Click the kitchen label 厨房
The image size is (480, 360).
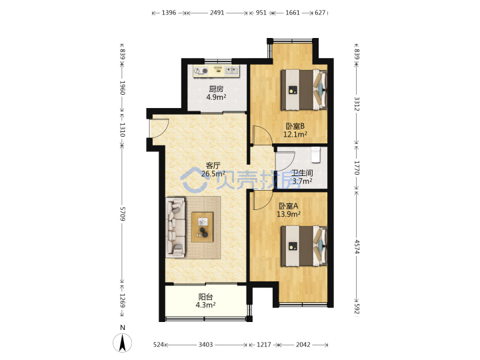pyautogui.click(x=216, y=89)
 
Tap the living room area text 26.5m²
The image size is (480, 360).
pyautogui.click(x=213, y=174)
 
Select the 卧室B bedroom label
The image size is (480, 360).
pyautogui.click(x=295, y=126)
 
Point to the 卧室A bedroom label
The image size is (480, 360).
pyautogui.click(x=289, y=206)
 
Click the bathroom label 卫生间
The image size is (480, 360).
pyautogui.click(x=302, y=173)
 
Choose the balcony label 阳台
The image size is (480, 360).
pyautogui.click(x=206, y=297)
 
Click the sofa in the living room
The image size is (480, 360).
pyautogui.click(x=176, y=227)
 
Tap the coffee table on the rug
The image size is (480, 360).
pyautogui.click(x=203, y=227)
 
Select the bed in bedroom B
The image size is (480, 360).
pyautogui.click(x=304, y=90)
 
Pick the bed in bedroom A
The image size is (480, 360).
pyautogui.click(x=304, y=246)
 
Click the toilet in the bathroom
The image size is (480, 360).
pyautogui.click(x=315, y=155)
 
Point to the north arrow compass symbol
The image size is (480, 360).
pyautogui.click(x=123, y=342)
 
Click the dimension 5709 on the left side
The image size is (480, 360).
pyautogui.click(x=123, y=214)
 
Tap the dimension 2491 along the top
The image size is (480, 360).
pyautogui.click(x=217, y=13)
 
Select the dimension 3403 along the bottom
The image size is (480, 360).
pyautogui.click(x=206, y=345)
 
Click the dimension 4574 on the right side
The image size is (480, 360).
pyautogui.click(x=357, y=247)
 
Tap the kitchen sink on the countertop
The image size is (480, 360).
pyautogui.click(x=232, y=71)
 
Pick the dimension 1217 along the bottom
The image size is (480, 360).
pyautogui.click(x=263, y=345)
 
